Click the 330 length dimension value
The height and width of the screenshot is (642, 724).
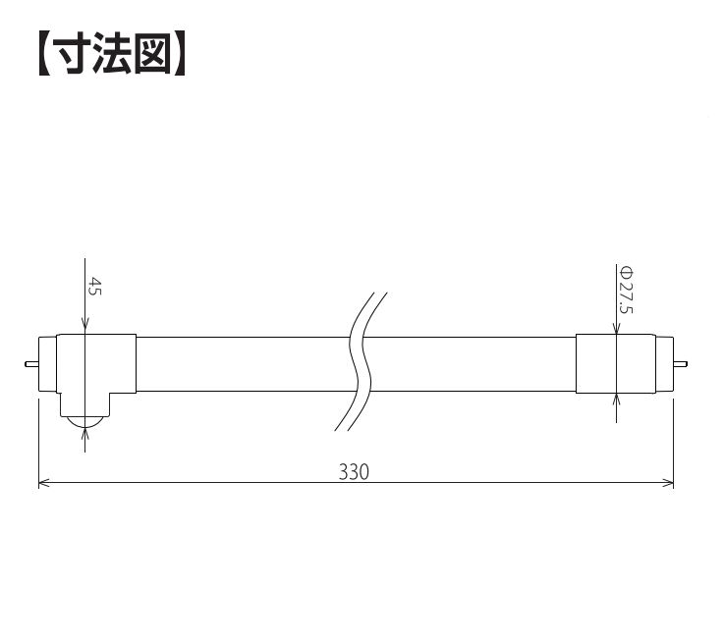click(x=355, y=472)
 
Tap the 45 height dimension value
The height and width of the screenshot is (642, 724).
click(x=94, y=287)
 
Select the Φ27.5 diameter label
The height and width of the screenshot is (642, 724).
click(x=627, y=291)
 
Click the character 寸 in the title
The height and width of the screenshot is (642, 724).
click(x=71, y=53)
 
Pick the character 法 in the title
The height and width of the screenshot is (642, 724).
click(x=112, y=53)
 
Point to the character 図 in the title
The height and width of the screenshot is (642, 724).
click(x=153, y=53)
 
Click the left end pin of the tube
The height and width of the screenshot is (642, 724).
click(x=31, y=364)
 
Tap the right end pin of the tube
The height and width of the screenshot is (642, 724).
click(x=680, y=364)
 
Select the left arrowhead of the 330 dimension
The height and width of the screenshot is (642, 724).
click(x=44, y=483)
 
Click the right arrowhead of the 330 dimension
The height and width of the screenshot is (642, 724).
click(x=668, y=483)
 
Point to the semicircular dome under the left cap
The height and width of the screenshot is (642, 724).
click(x=84, y=421)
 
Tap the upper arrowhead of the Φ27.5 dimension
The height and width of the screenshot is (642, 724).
click(x=616, y=329)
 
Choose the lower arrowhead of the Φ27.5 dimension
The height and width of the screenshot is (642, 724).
click(x=616, y=400)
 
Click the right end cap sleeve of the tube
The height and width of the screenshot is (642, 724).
click(x=616, y=364)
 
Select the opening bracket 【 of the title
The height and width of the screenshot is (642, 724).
click(x=43, y=53)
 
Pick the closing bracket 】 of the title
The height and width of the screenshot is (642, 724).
click(x=181, y=53)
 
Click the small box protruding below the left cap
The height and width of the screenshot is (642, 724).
click(x=84, y=404)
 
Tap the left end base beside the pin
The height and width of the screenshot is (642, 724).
click(x=47, y=364)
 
